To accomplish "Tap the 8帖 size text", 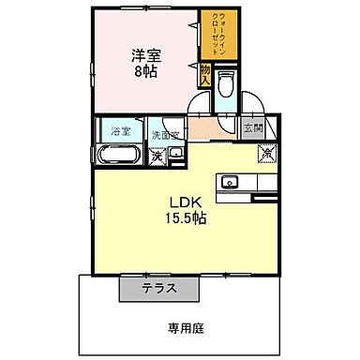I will pyautogui.click(x=144, y=72).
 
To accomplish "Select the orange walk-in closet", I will pyautogui.click(x=211, y=36).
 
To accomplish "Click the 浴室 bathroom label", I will pyautogui.click(x=120, y=130).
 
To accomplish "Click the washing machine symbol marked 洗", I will pyautogui.click(x=157, y=156).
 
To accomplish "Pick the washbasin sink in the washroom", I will pyautogui.click(x=176, y=153).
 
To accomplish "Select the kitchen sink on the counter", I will pyautogui.click(x=230, y=181).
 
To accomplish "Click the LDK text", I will pyautogui.click(x=181, y=202).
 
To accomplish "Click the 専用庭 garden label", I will pyautogui.click(x=185, y=328).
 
